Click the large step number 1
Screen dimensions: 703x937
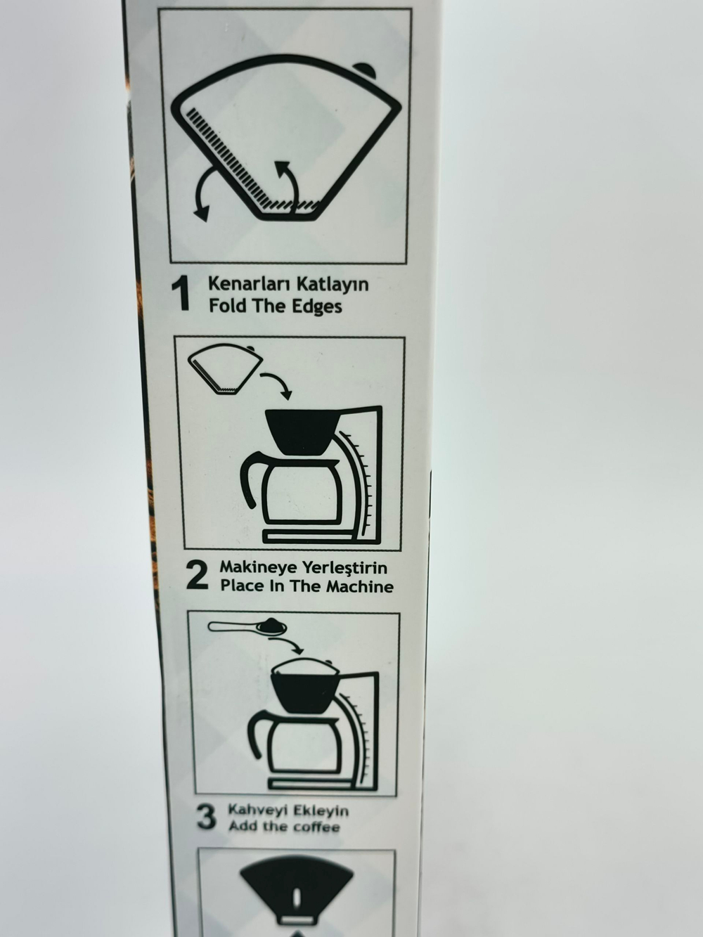tap(181, 294)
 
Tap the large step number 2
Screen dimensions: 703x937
tap(198, 576)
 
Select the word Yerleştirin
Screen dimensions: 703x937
tap(345, 568)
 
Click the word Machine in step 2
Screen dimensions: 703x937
tap(360, 586)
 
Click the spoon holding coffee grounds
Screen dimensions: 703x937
tap(247, 627)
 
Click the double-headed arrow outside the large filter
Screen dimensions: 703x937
tap(198, 192)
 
